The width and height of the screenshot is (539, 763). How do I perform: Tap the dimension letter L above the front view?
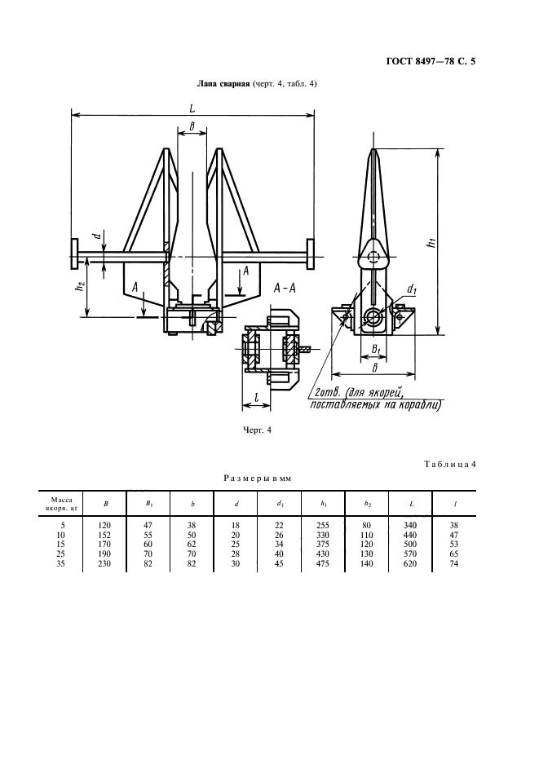pos(192,108)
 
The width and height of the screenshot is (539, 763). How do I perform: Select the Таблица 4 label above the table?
pos(448,465)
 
